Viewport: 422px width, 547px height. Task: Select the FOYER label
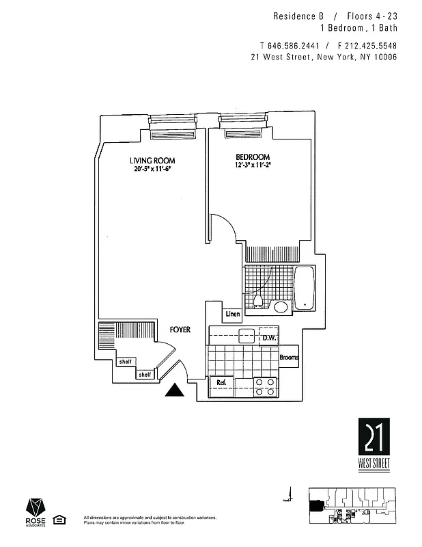tap(180, 330)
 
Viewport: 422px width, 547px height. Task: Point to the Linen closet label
tap(232, 315)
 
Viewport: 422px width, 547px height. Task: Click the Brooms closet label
tap(288, 357)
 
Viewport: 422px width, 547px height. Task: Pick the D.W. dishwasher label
tap(268, 338)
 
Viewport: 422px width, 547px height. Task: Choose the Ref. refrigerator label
tap(222, 382)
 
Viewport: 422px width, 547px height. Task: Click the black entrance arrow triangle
tap(175, 390)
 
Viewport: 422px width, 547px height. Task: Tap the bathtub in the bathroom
tap(304, 287)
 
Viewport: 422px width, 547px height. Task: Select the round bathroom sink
tap(281, 306)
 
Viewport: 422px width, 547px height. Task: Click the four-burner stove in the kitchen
tap(264, 387)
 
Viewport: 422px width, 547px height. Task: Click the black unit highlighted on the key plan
tap(316, 506)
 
